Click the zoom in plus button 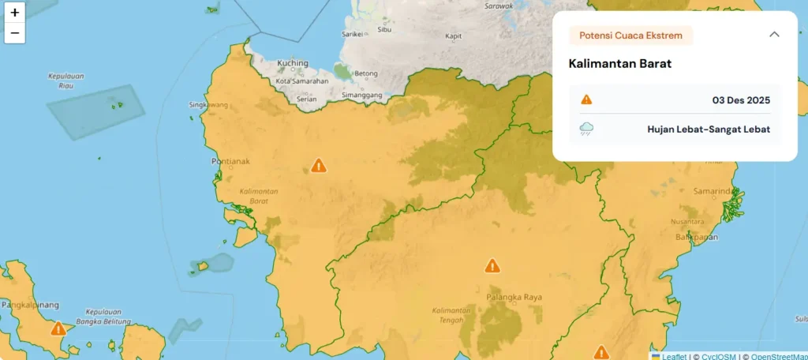coord(14,13)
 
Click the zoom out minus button coord(14,33)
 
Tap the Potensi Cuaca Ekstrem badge coord(630,36)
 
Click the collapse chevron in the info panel coord(774,34)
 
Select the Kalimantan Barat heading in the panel coord(619,63)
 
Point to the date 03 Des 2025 coord(740,100)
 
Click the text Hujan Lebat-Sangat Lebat coord(708,129)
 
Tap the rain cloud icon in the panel coord(586,129)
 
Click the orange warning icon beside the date coord(586,99)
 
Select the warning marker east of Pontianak coord(318,165)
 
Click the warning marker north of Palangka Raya coord(492,265)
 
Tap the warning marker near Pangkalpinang coord(58,328)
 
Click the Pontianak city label coord(230,161)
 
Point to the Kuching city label coord(292,63)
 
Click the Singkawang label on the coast coord(208,104)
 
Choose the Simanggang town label coord(361,95)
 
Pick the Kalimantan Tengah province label coord(451,314)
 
